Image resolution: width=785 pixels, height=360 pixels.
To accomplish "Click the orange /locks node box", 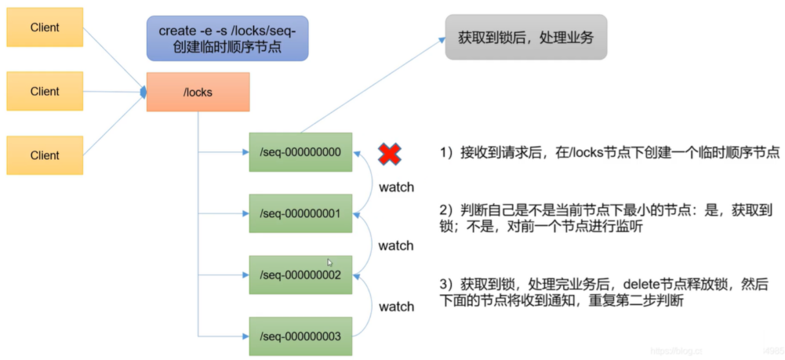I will [198, 92].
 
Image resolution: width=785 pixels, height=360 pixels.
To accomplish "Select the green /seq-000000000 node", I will [300, 152].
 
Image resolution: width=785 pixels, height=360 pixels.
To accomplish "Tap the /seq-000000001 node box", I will [300, 213].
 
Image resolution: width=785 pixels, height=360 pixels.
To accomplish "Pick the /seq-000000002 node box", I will [300, 275].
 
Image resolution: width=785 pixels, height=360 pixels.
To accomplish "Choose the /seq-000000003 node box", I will [300, 336].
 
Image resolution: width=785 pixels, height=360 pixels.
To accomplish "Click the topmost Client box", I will [45, 27].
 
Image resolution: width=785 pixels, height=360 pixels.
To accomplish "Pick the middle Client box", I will [45, 91].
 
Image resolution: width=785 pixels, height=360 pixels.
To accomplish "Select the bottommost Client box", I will [45, 155].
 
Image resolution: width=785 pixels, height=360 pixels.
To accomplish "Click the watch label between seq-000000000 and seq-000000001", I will [396, 187].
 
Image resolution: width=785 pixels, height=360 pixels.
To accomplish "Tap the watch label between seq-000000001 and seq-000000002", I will [396, 245].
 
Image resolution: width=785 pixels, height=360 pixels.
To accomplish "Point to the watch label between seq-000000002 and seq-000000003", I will [396, 307].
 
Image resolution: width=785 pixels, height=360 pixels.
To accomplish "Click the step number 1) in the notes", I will [445, 154].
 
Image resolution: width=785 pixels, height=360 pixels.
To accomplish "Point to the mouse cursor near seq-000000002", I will [330, 263].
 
